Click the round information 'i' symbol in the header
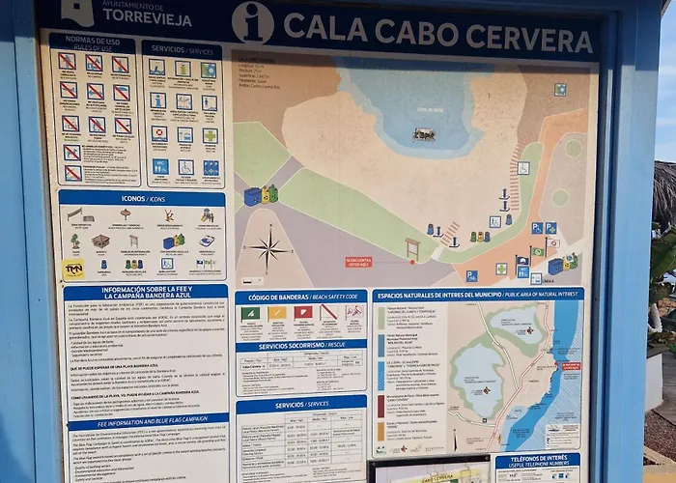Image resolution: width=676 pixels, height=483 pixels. [x=252, y=22]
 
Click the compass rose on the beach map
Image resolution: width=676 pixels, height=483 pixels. [x=269, y=249]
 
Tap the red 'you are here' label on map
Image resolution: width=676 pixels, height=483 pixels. [x=358, y=261]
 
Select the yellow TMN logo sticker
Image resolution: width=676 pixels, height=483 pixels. [x=73, y=269]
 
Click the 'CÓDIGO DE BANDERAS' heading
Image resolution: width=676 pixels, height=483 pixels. [x=300, y=297]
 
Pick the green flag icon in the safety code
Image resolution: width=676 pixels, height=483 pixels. [x=250, y=313]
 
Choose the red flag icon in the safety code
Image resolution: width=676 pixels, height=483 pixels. [x=302, y=312]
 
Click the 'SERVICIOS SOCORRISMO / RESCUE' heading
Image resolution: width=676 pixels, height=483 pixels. [x=300, y=345]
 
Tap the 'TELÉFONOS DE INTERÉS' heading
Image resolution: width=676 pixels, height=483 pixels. [x=537, y=462]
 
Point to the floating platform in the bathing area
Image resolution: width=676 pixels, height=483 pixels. [x=424, y=134]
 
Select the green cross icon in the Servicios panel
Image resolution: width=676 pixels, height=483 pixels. [x=210, y=136]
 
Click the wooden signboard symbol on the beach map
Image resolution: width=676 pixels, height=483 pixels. [x=412, y=248]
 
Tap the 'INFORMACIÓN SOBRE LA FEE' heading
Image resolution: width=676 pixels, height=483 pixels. [x=145, y=292]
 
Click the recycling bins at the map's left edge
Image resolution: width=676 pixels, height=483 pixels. [x=261, y=195]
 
